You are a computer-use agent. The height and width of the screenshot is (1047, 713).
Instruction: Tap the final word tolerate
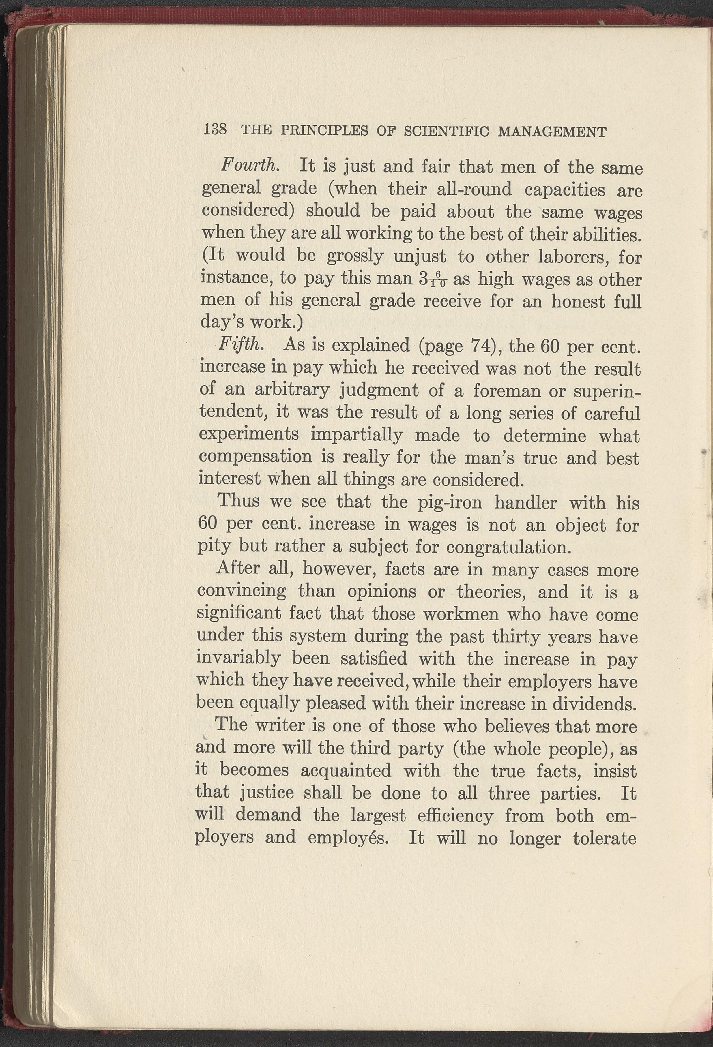(604, 838)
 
